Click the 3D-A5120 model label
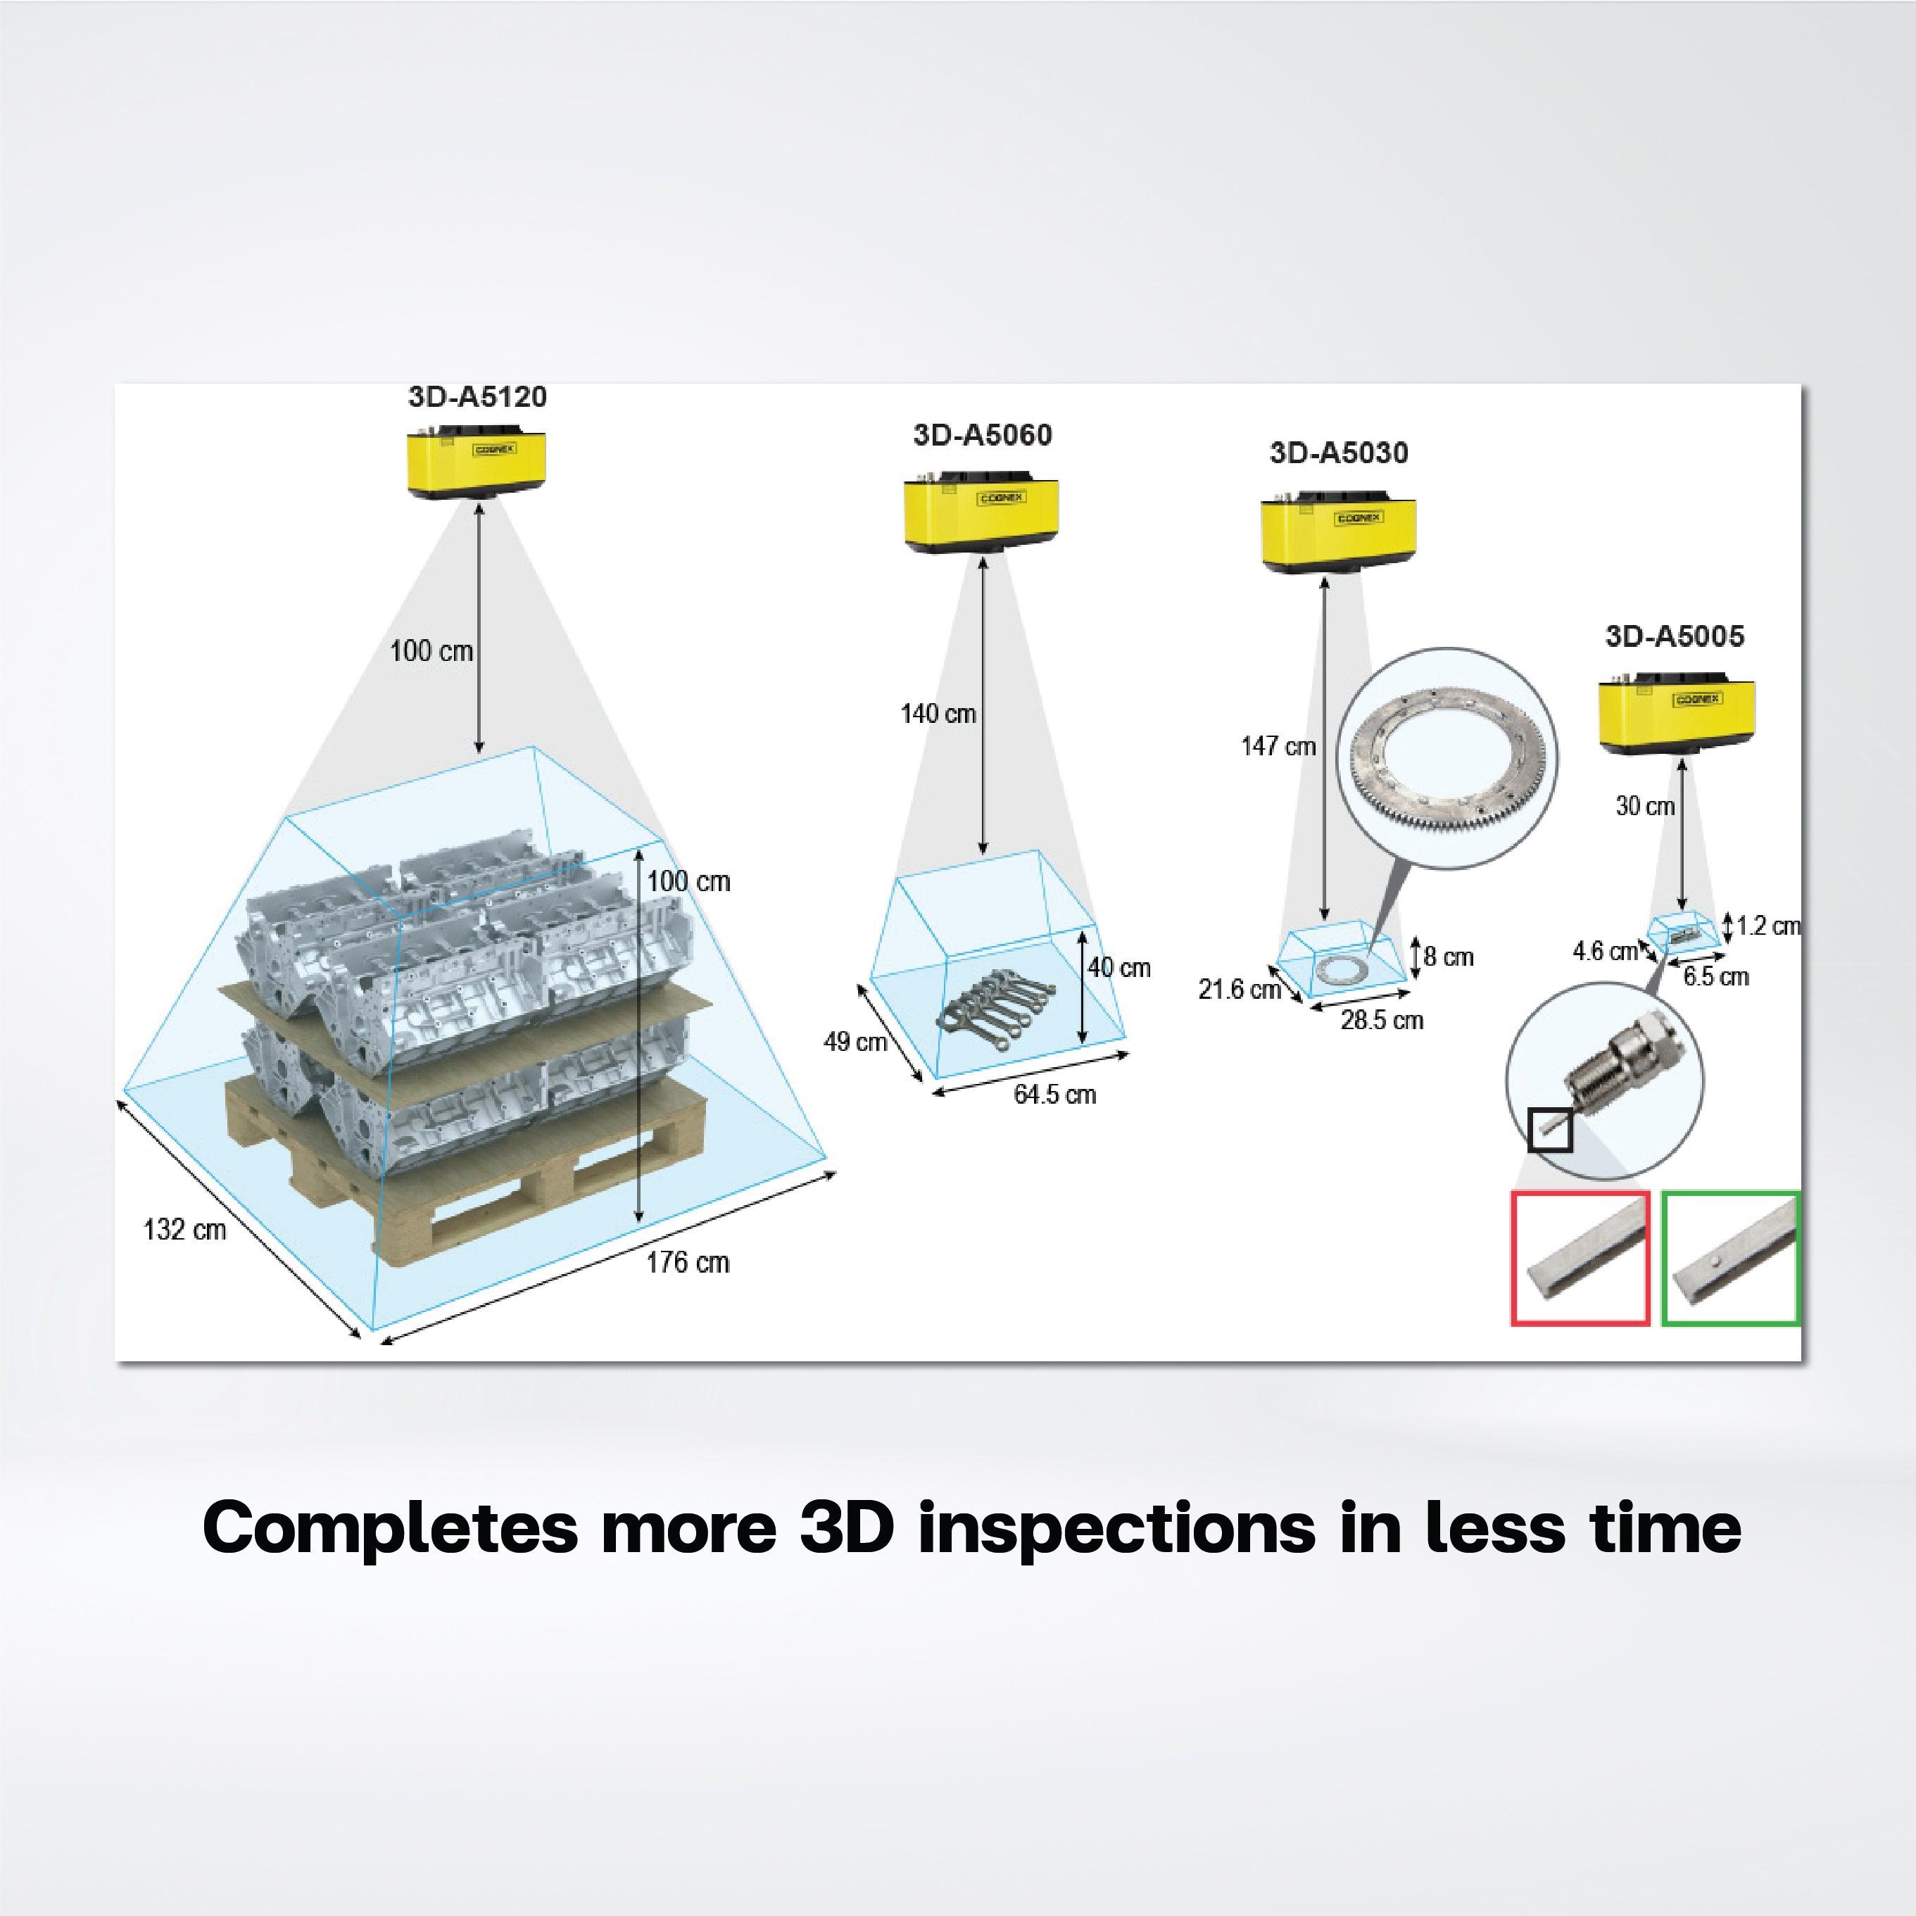click(477, 397)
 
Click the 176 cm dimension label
click(687, 1263)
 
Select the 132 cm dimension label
click(184, 1230)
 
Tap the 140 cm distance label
click(937, 713)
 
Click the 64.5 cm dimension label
click(1054, 1095)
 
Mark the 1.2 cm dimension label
click(1768, 926)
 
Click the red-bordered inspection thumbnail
click(1580, 1259)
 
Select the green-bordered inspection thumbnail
click(1731, 1259)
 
